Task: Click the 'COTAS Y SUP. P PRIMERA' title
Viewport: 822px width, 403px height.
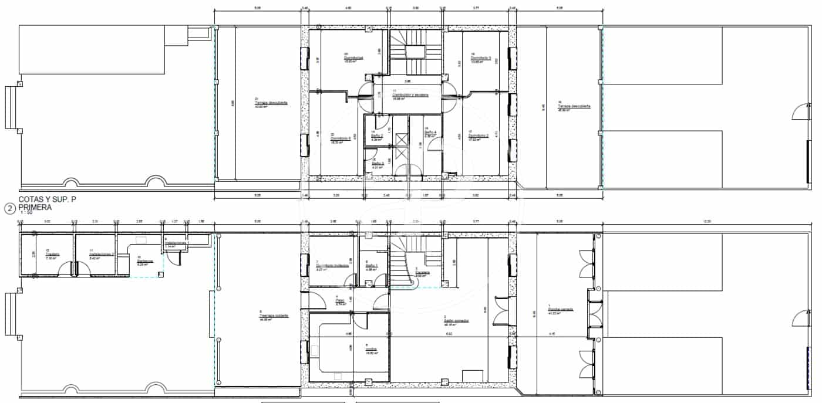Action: pyautogui.click(x=47, y=203)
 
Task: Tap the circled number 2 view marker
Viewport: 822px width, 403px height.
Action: pyautogui.click(x=9, y=208)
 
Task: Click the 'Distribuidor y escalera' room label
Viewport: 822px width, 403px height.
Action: pyautogui.click(x=410, y=95)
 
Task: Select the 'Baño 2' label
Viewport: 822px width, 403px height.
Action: pyautogui.click(x=377, y=136)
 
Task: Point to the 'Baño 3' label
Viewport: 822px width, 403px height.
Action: pyautogui.click(x=378, y=163)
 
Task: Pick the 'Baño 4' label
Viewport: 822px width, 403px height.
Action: pyautogui.click(x=430, y=133)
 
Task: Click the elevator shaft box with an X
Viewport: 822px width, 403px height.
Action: pyautogui.click(x=401, y=140)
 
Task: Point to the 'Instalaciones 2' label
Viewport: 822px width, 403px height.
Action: pyautogui.click(x=101, y=254)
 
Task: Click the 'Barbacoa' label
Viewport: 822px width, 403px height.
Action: pyautogui.click(x=145, y=261)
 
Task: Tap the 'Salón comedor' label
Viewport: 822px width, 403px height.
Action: pyautogui.click(x=456, y=320)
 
